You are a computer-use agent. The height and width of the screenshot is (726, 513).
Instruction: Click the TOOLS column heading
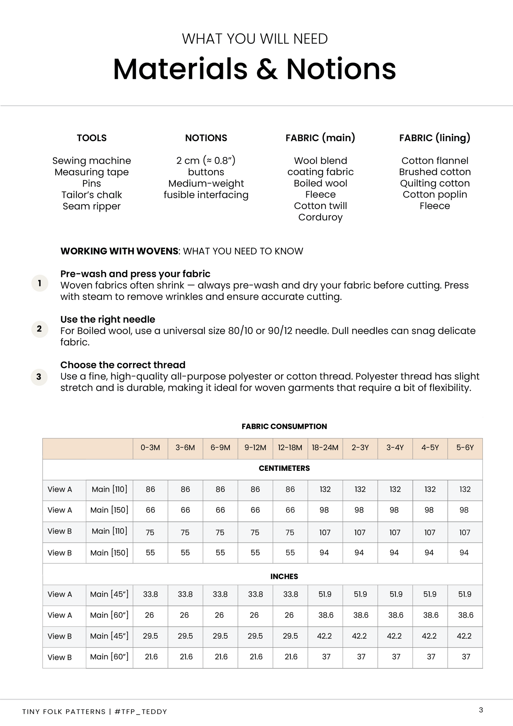(92, 138)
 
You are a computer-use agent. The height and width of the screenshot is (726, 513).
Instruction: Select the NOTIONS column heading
(206, 138)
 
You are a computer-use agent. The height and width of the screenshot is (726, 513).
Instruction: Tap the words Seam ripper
(92, 206)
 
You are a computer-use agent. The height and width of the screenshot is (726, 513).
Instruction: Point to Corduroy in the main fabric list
(320, 217)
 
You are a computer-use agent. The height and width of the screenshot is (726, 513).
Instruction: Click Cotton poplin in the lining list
(435, 194)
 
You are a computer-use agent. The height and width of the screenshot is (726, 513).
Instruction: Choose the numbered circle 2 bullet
(39, 329)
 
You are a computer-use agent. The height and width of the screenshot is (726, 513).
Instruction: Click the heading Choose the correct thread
(123, 365)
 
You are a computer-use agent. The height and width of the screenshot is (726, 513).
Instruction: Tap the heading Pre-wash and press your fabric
(135, 274)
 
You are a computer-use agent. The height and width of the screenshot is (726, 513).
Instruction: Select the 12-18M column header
(290, 448)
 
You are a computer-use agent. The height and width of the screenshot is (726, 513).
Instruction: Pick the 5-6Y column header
(465, 448)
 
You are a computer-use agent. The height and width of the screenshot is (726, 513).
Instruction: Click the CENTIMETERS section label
(284, 468)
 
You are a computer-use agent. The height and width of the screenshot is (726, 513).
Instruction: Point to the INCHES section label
(284, 576)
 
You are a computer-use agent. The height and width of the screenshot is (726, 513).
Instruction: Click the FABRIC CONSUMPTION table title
(284, 426)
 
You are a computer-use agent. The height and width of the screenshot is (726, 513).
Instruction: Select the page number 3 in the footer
(481, 710)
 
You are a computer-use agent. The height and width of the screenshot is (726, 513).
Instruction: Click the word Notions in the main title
(341, 69)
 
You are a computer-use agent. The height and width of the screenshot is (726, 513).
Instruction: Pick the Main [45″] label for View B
(109, 636)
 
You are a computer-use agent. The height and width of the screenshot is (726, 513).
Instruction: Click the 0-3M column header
(150, 448)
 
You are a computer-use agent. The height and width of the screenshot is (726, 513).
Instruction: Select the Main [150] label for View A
(109, 510)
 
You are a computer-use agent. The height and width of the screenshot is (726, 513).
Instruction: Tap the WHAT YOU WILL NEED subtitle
(255, 39)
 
